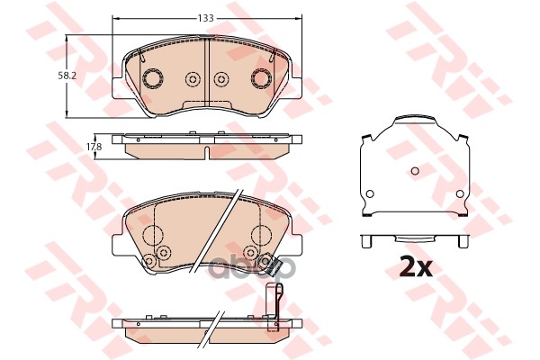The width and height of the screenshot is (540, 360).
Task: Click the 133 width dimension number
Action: [207, 18]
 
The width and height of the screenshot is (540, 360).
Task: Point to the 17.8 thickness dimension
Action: [94, 145]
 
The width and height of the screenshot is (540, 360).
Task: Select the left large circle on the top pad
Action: [151, 78]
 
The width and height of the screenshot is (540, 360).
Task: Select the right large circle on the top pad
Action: [263, 78]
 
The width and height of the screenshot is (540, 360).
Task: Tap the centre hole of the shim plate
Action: [414, 171]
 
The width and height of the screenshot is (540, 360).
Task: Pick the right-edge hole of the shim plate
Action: [461, 194]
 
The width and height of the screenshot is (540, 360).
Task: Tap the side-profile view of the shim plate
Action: [414, 240]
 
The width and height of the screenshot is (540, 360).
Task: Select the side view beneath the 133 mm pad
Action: [207, 144]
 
